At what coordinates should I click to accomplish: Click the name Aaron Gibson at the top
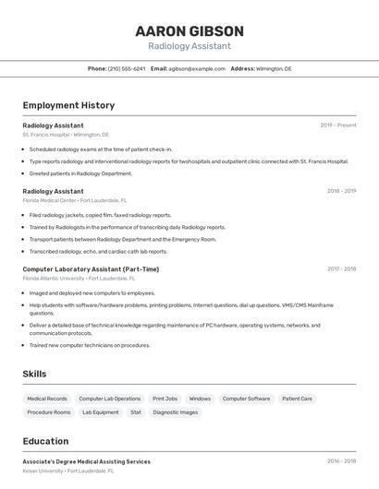tap(189, 30)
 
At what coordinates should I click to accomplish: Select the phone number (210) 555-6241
tap(127, 68)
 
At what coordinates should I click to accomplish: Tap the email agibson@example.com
tap(197, 68)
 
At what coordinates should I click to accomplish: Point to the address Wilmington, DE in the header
tap(274, 68)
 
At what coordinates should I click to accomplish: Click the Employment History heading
tap(68, 105)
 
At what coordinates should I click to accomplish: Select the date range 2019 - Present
tap(338, 125)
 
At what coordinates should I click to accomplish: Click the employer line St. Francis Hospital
tap(66, 134)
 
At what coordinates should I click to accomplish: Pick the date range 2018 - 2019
tap(341, 191)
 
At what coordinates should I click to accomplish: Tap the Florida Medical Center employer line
tap(75, 200)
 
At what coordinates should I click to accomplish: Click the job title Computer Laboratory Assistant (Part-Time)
tap(91, 269)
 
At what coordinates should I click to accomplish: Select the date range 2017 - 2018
tap(341, 269)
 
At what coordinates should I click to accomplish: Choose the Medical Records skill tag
tap(47, 399)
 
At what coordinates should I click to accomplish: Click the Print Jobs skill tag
tap(165, 399)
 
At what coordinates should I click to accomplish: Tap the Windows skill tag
tap(200, 399)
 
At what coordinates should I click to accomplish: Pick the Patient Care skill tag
tap(297, 399)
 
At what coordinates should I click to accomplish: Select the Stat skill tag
tap(136, 412)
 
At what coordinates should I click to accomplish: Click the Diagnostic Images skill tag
tap(176, 412)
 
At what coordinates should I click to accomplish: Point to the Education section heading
tap(45, 441)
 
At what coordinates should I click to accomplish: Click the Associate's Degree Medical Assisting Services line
tap(86, 461)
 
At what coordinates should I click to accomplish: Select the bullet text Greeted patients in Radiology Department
tap(80, 173)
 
